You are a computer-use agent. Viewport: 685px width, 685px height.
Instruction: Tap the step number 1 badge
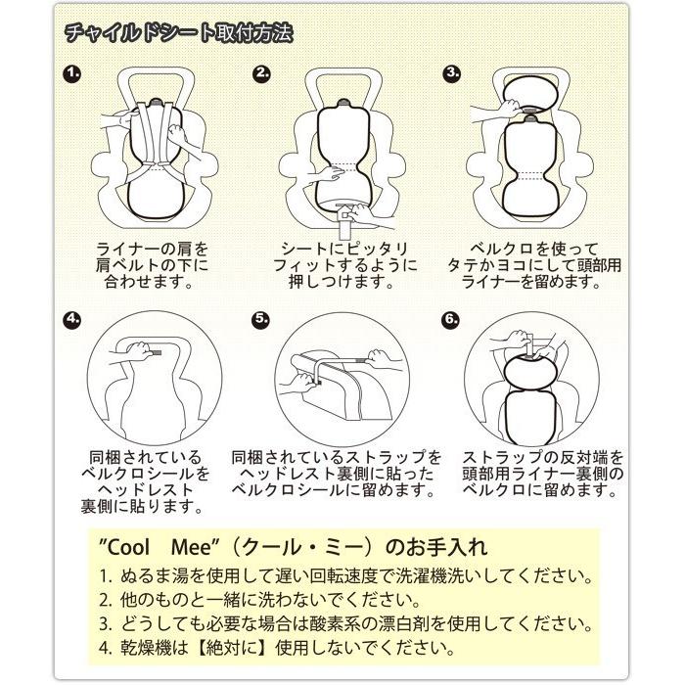(x=72, y=73)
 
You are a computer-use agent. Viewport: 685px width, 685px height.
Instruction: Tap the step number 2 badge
(x=261, y=73)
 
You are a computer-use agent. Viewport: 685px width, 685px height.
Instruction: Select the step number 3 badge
(x=451, y=73)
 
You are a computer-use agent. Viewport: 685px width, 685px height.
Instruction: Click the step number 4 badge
(x=72, y=318)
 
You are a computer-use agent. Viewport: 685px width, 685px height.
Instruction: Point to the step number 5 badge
(x=260, y=318)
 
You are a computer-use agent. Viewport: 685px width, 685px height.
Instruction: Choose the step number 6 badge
(x=451, y=318)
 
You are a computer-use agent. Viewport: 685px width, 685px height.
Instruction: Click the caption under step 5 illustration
(x=337, y=473)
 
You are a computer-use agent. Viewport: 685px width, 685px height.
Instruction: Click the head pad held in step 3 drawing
(x=529, y=96)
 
